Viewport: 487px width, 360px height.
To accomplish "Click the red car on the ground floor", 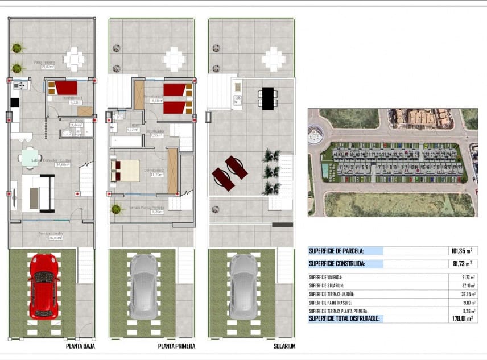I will pos(44,286).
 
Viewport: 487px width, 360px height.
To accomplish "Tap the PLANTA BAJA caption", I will pos(80,346).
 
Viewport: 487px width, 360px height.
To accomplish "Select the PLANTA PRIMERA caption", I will pos(176,346).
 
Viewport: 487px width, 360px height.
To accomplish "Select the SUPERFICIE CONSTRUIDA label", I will pos(336,263).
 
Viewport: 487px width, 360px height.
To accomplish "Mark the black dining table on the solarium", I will pos(267,98).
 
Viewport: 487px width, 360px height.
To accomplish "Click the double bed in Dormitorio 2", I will pos(126,170).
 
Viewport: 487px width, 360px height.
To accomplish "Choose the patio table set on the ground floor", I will pos(74,58).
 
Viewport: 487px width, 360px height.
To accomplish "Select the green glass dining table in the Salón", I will pos(30,158).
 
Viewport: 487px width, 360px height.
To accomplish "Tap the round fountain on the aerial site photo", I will pos(315,136).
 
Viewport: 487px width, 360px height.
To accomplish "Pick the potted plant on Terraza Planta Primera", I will pos(117,209).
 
